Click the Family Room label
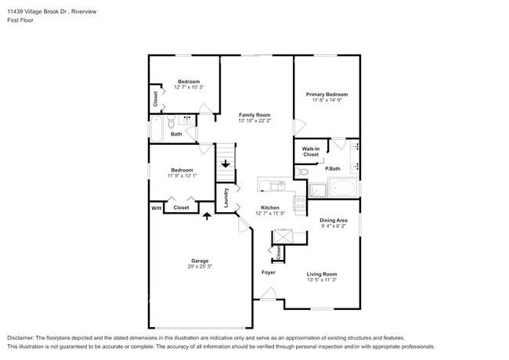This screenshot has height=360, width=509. tap(254, 114)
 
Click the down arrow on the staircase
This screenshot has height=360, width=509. tap(226, 164)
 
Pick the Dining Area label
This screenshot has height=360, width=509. tap(333, 221)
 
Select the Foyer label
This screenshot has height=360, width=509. tap(269, 272)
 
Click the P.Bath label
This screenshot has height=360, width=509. tap(333, 169)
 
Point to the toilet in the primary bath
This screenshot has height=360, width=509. tap(301, 171)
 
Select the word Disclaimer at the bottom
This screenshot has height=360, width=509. tap(22, 334)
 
